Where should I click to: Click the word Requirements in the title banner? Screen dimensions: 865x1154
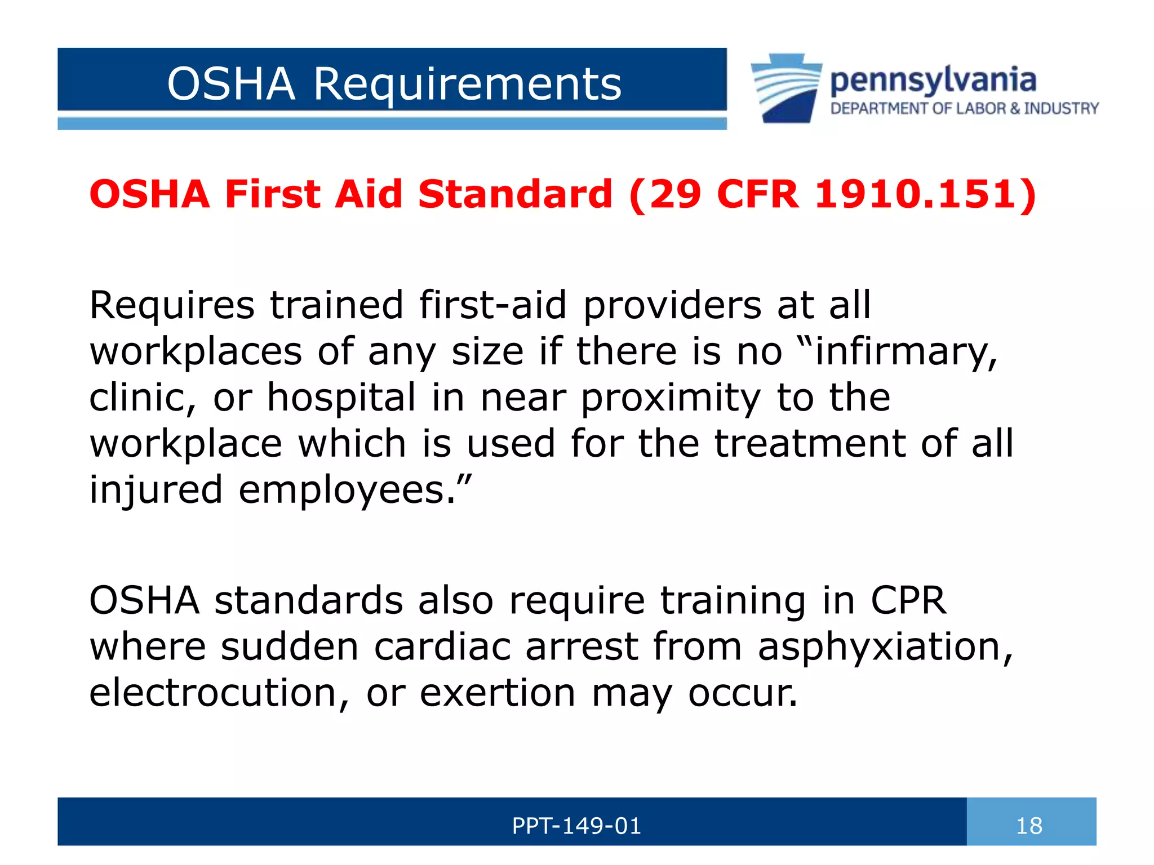click(x=467, y=84)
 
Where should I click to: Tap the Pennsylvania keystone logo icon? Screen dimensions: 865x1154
click(x=785, y=88)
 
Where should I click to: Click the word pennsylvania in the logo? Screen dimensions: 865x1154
click(x=933, y=81)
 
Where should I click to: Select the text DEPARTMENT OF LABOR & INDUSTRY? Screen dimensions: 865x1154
click(x=964, y=108)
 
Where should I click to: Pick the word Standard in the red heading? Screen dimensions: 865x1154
click(x=515, y=194)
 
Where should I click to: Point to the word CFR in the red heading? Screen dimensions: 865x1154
click(x=758, y=194)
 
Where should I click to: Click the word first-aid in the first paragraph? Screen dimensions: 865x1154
click(x=492, y=305)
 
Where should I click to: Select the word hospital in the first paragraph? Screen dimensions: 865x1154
click(x=341, y=398)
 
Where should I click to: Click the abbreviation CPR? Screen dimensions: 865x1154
click(x=908, y=600)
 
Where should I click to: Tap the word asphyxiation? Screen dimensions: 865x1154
click(x=885, y=647)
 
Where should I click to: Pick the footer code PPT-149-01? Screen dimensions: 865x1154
click(x=576, y=826)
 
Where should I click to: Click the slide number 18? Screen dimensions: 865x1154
click(x=1029, y=826)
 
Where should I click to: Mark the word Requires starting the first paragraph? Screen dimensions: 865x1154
click(x=172, y=306)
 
